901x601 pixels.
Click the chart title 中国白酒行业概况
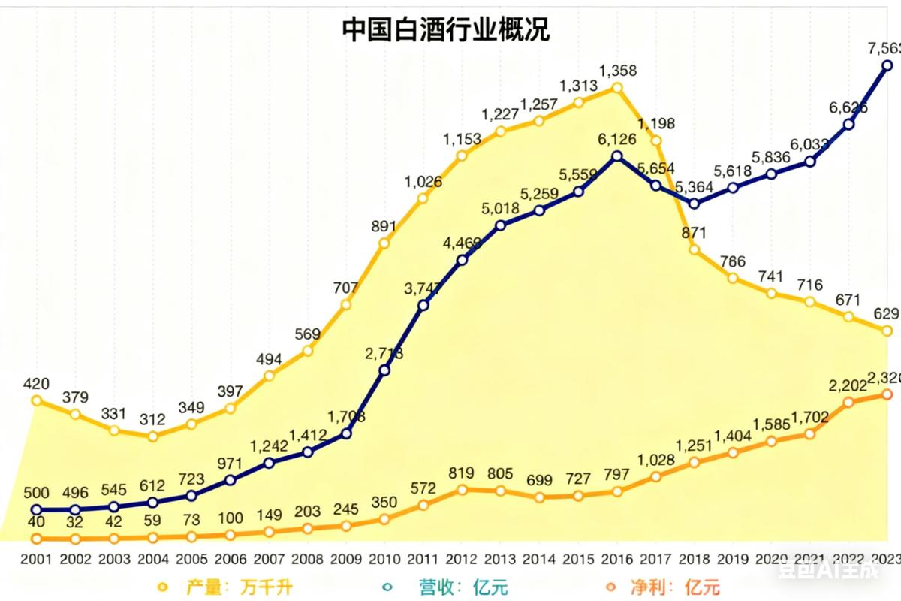click(446, 30)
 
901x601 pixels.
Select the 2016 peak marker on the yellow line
click(617, 87)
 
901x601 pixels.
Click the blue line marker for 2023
click(887, 65)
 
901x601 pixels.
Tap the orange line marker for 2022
click(848, 402)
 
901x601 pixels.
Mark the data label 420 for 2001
click(36, 385)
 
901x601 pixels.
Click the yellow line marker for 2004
click(152, 436)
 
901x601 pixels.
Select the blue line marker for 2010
click(384, 370)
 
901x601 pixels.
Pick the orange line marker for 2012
click(462, 489)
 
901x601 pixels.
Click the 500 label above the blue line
click(36, 493)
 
